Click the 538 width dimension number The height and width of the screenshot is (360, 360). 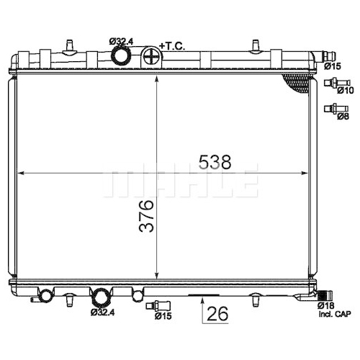215,162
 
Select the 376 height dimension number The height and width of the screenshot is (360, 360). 146,216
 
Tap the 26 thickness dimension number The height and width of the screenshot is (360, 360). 217,313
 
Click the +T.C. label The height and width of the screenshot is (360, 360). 172,46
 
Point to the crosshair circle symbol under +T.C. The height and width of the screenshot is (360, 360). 151,58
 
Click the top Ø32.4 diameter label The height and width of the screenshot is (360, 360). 121,42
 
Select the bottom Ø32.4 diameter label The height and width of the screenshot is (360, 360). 102,312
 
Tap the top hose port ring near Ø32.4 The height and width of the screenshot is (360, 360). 121,55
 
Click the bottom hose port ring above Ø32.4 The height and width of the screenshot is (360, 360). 101,298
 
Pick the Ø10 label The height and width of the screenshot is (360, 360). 345,90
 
